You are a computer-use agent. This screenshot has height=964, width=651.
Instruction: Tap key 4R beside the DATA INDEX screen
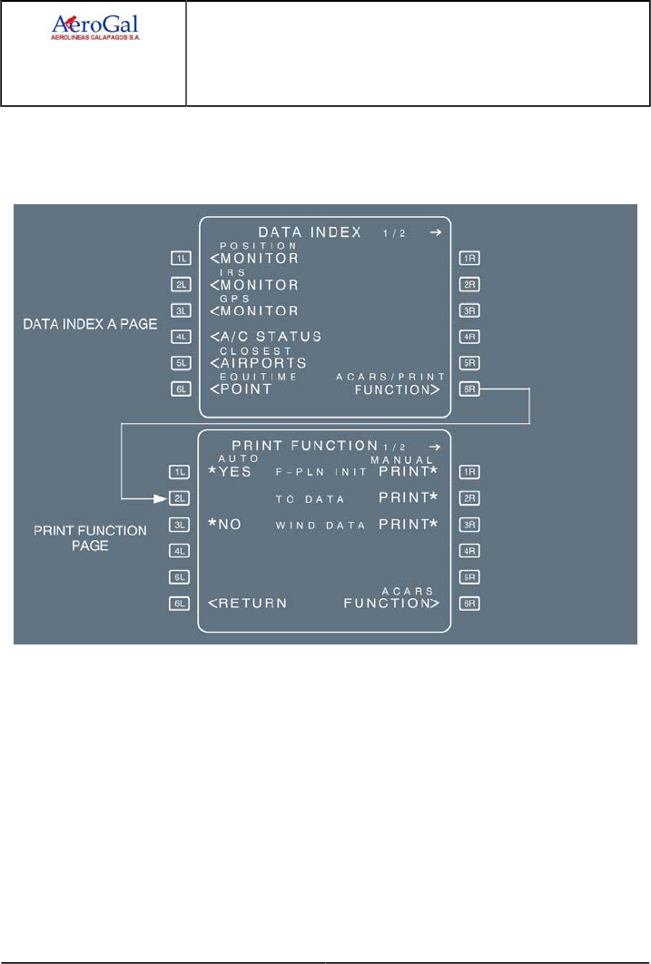coord(471,336)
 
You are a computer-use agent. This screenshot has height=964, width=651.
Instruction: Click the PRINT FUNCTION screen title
coord(305,446)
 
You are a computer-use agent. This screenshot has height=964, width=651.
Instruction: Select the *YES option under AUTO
coord(230,472)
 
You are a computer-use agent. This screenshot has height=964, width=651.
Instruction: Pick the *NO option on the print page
coord(224,524)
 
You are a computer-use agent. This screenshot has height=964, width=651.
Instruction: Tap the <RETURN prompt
coord(248,603)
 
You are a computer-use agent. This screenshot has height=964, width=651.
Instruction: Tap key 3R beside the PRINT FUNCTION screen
coord(471,524)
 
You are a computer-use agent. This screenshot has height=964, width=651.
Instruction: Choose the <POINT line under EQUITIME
coord(241,389)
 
